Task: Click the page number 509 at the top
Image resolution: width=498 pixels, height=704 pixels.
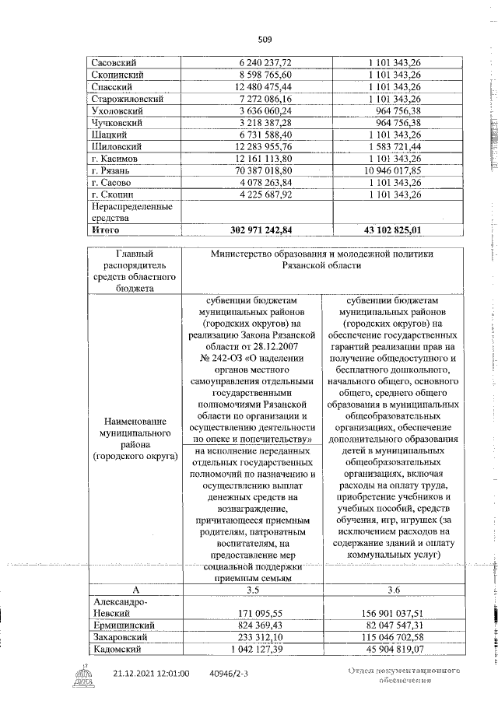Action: click(x=265, y=38)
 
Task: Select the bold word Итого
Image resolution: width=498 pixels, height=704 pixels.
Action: click(x=107, y=229)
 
